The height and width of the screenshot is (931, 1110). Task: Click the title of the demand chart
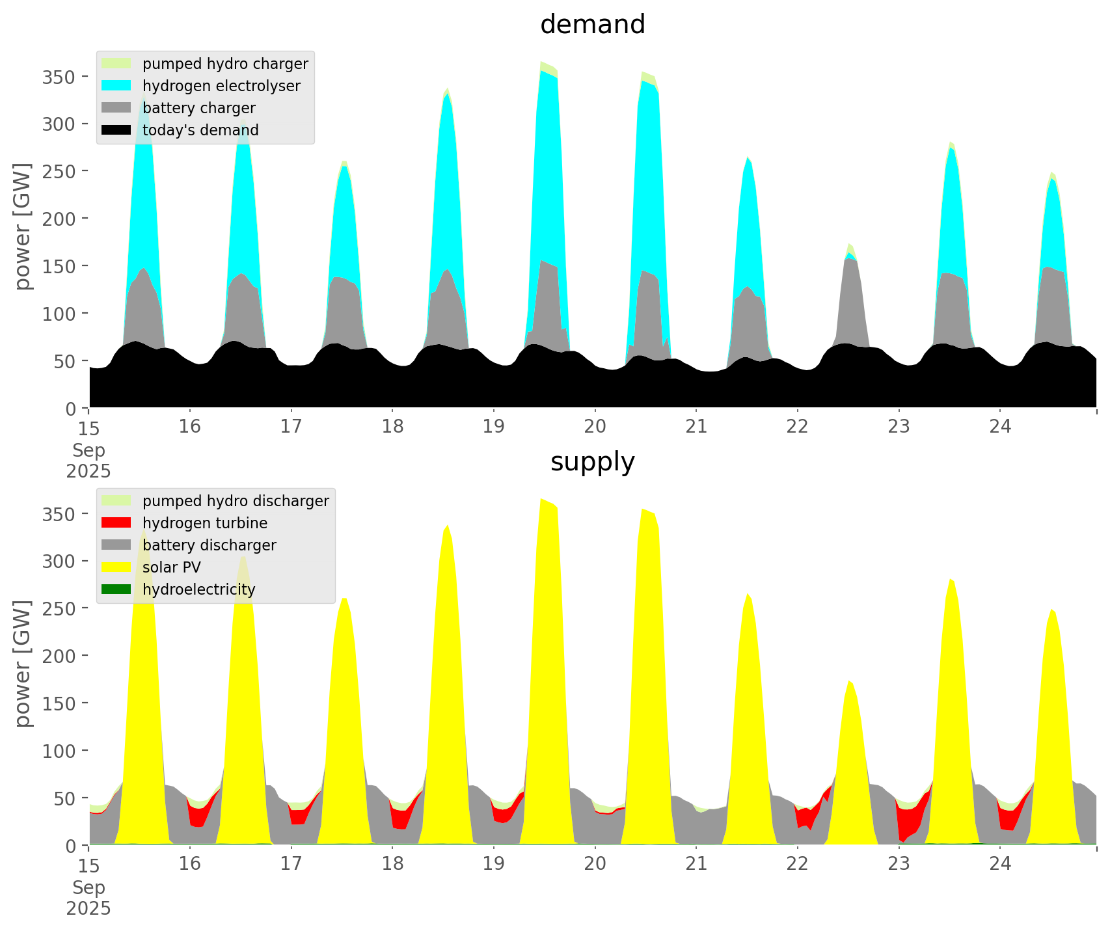(592, 25)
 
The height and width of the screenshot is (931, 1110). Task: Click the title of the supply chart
(592, 462)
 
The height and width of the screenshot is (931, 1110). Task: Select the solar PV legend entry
(172, 567)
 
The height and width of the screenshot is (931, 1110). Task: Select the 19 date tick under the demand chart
(494, 427)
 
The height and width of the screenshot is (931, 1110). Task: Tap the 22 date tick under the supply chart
(798, 864)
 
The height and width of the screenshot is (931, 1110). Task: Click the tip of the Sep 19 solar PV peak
(541, 499)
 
